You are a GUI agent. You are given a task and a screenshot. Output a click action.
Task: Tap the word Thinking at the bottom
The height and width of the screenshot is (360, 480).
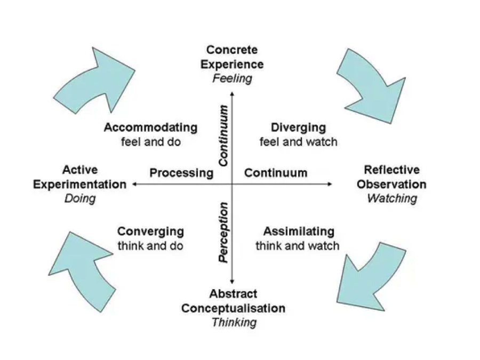(234, 322)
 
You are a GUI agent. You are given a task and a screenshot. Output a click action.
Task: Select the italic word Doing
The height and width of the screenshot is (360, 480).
(79, 198)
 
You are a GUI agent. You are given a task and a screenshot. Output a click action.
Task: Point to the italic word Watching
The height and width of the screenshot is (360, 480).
(391, 198)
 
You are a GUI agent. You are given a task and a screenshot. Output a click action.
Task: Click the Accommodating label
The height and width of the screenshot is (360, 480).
(150, 128)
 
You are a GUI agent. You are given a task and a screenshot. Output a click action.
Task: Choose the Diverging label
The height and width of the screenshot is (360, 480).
(298, 128)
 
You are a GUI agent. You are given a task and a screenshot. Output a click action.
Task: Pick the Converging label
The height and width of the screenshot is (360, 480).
(150, 232)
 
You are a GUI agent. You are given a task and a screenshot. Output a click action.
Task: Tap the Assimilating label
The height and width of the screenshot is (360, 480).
(299, 232)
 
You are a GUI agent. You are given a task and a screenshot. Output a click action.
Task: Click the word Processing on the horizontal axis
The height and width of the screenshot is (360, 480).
(181, 173)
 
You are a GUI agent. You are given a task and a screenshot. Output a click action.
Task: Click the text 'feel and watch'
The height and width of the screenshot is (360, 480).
(298, 142)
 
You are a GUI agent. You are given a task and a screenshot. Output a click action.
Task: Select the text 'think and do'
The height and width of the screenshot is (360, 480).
(150, 246)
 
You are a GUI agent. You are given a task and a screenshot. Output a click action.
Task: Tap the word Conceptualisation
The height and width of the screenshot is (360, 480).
(233, 308)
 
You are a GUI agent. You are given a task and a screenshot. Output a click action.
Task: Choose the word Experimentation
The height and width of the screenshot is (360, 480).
(79, 185)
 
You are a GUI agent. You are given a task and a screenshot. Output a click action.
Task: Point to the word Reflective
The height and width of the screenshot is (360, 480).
(391, 171)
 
